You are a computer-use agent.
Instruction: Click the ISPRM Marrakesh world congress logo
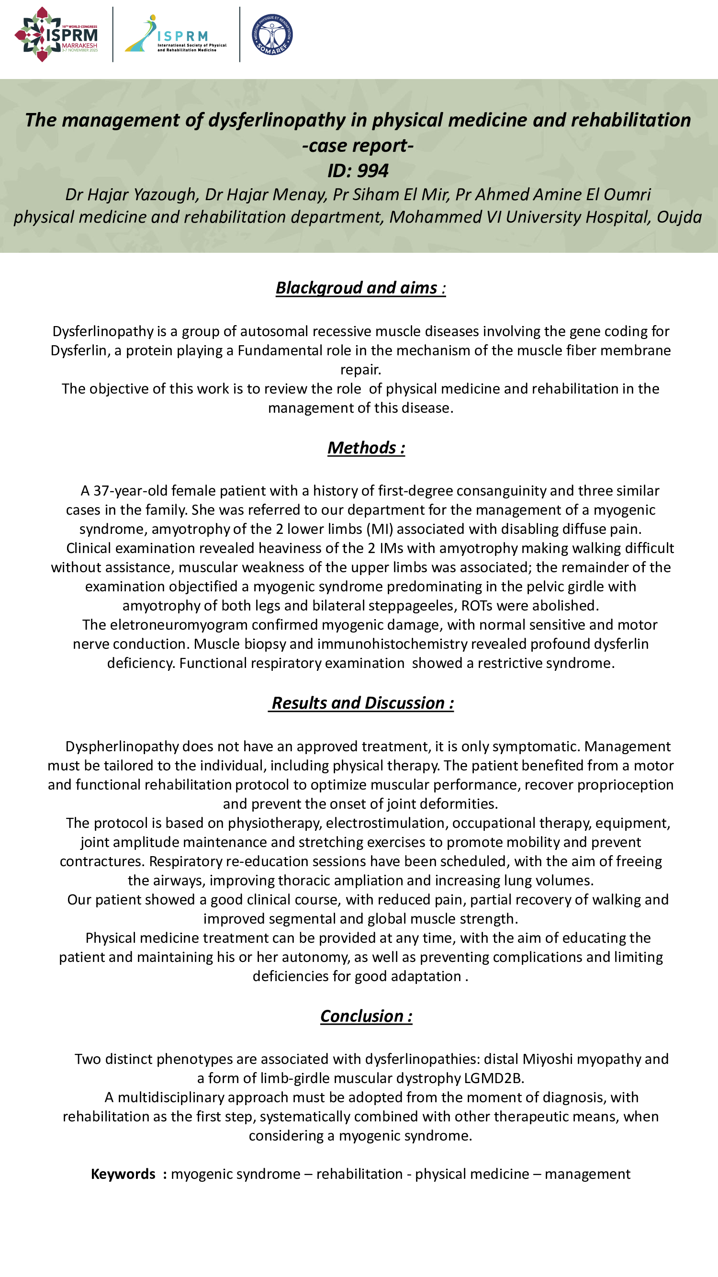tap(56, 34)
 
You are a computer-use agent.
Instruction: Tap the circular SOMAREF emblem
tap(272, 34)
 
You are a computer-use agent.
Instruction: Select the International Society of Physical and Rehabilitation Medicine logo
tap(176, 34)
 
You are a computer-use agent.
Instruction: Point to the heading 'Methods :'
tap(366, 448)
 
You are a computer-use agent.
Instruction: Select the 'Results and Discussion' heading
tap(361, 703)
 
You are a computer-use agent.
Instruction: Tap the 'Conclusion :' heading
tap(366, 1016)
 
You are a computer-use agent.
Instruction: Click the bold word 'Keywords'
tap(123, 1174)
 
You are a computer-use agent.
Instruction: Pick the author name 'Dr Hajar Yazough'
tap(132, 194)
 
